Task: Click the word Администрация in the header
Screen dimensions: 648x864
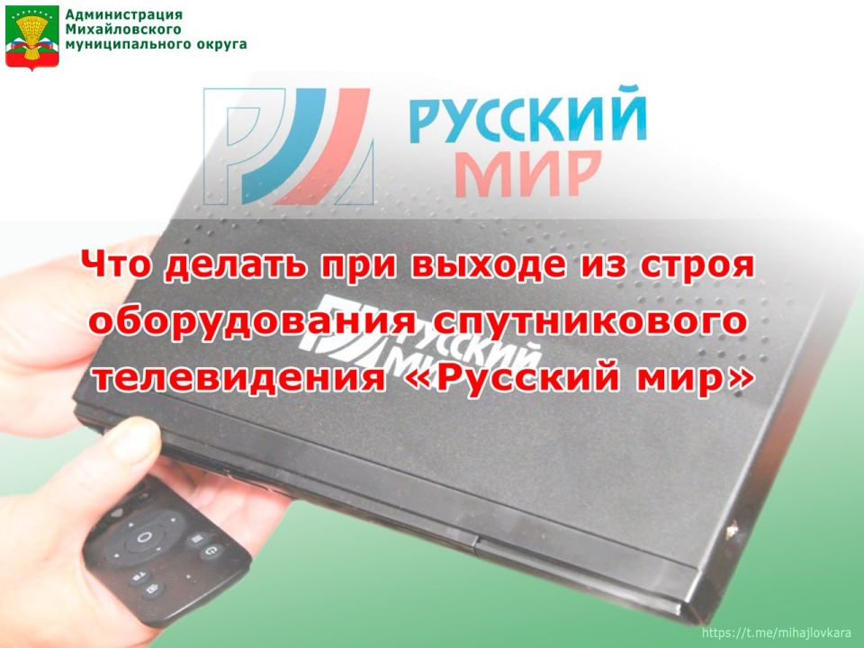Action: point(124,15)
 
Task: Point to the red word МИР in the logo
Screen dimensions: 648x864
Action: point(527,171)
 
